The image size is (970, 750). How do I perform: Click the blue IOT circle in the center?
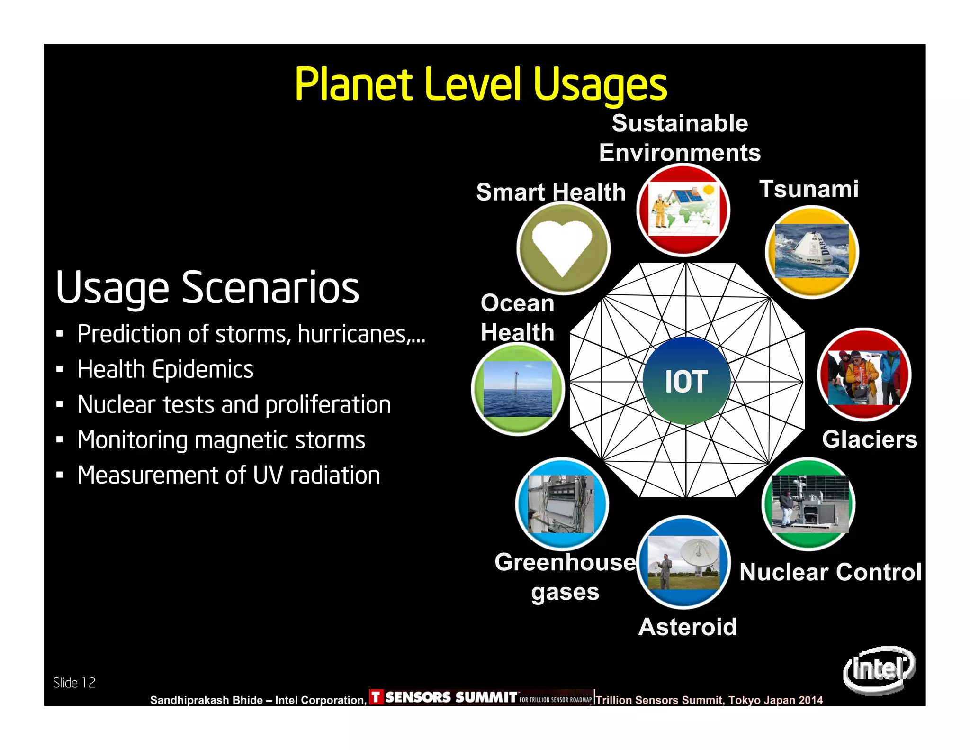coord(686,381)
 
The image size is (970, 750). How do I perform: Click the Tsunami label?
coord(809,189)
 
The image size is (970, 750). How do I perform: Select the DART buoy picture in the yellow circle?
coord(812,251)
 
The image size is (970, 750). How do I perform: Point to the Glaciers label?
coord(870,439)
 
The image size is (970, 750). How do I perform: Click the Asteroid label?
coord(687,627)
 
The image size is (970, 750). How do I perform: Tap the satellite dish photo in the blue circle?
coord(683,563)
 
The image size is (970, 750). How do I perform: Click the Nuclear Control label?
coord(831,572)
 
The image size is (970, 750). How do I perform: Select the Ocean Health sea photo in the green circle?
coord(518,389)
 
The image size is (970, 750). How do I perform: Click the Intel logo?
coord(879,669)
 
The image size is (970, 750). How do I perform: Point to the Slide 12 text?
coord(74,683)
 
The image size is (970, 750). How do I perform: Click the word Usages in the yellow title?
coord(600,85)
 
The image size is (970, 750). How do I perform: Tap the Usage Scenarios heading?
coord(207,288)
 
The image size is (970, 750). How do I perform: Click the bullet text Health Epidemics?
coord(165,369)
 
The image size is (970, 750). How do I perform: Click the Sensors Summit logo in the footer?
coord(480,697)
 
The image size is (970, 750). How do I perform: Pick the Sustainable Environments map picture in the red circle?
coord(683,209)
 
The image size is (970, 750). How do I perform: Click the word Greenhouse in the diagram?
coord(565,563)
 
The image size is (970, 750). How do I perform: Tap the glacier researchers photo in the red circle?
coord(864,377)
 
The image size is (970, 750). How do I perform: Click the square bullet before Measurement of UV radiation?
coord(60,475)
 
